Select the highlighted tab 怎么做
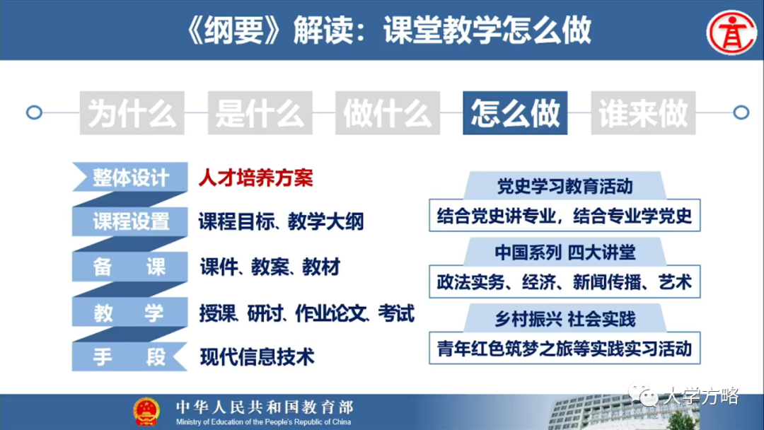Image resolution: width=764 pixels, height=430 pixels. [515, 112]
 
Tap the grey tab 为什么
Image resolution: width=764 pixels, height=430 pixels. [132, 112]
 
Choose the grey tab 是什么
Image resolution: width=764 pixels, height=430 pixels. [260, 112]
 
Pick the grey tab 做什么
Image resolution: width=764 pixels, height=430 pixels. [387, 112]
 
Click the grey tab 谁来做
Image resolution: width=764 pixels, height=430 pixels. [643, 112]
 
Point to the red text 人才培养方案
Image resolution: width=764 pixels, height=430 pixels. [255, 178]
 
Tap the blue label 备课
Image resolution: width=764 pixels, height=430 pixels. [129, 267]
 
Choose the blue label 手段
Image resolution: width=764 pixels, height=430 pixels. [129, 356]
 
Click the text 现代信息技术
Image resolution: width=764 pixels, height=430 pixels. [257, 356]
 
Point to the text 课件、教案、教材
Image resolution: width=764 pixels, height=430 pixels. [270, 267]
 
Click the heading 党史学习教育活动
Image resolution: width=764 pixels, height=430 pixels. [565, 187]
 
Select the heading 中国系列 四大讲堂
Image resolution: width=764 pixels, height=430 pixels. [565, 252]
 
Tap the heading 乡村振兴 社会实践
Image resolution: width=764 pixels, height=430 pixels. [565, 319]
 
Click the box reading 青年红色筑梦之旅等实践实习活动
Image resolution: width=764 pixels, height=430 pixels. [565, 349]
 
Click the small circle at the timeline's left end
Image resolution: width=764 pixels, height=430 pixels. [33, 112]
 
